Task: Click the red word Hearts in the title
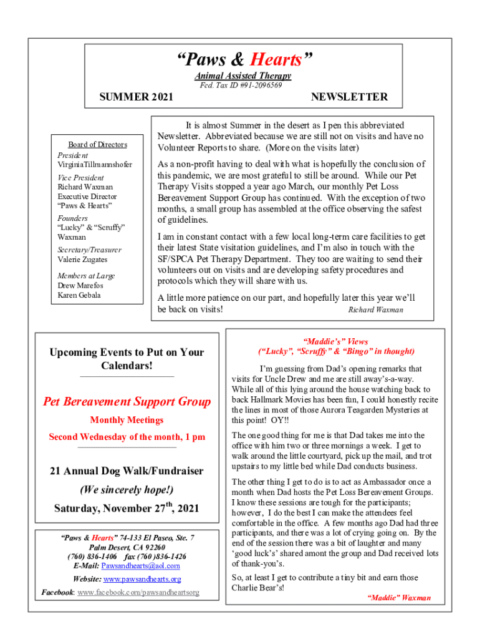pyautogui.click(x=276, y=60)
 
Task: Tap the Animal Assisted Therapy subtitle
pyautogui.click(x=242, y=76)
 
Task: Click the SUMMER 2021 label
pyautogui.click(x=137, y=97)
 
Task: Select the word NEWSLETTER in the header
pyautogui.click(x=349, y=97)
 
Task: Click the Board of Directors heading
pyautogui.click(x=97, y=145)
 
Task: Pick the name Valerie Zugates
pyautogui.click(x=82, y=260)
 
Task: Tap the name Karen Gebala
pyautogui.click(x=79, y=295)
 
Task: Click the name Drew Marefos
pyautogui.click(x=80, y=286)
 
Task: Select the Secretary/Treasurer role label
pyautogui.click(x=90, y=250)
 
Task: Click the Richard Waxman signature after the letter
pyautogui.click(x=375, y=310)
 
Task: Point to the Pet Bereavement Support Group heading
pyautogui.click(x=127, y=401)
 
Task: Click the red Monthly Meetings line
pyautogui.click(x=127, y=420)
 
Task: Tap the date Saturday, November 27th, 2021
pyautogui.click(x=127, y=508)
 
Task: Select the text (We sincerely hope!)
pyautogui.click(x=127, y=490)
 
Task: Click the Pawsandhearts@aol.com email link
pyautogui.click(x=140, y=566)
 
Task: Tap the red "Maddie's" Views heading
pyautogui.click(x=335, y=341)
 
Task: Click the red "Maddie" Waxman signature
pyautogui.click(x=399, y=598)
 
